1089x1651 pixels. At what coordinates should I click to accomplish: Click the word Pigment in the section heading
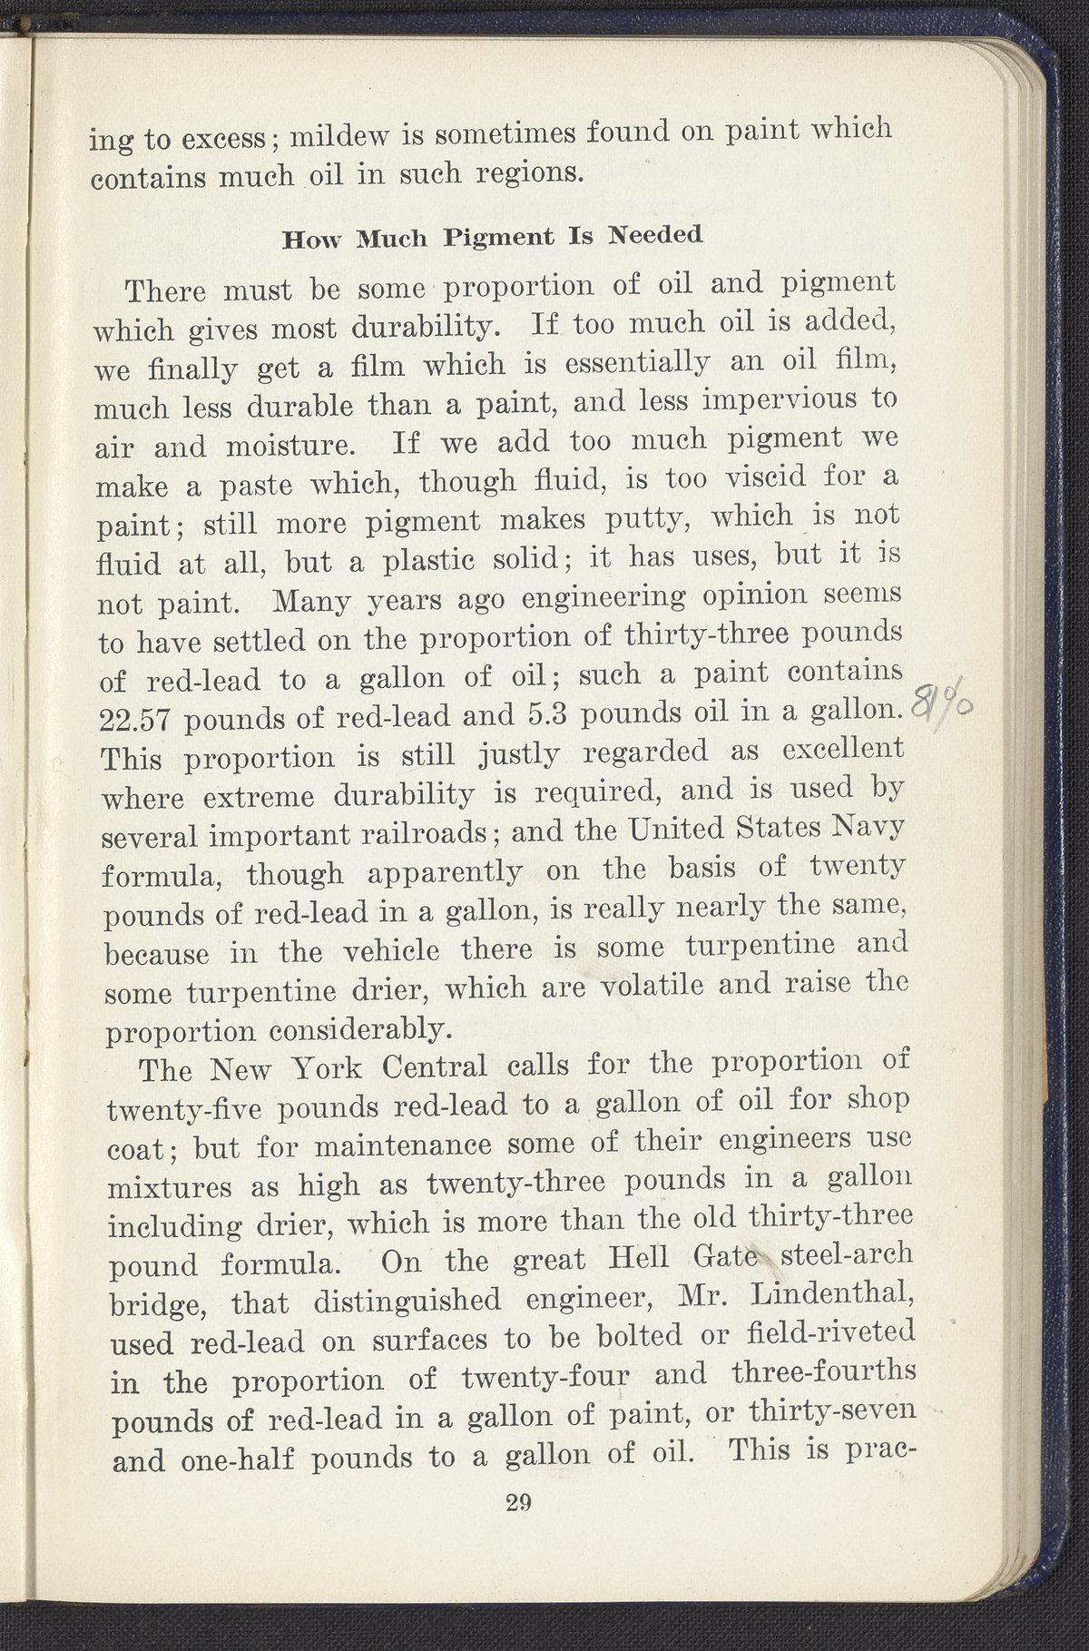[497, 239]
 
